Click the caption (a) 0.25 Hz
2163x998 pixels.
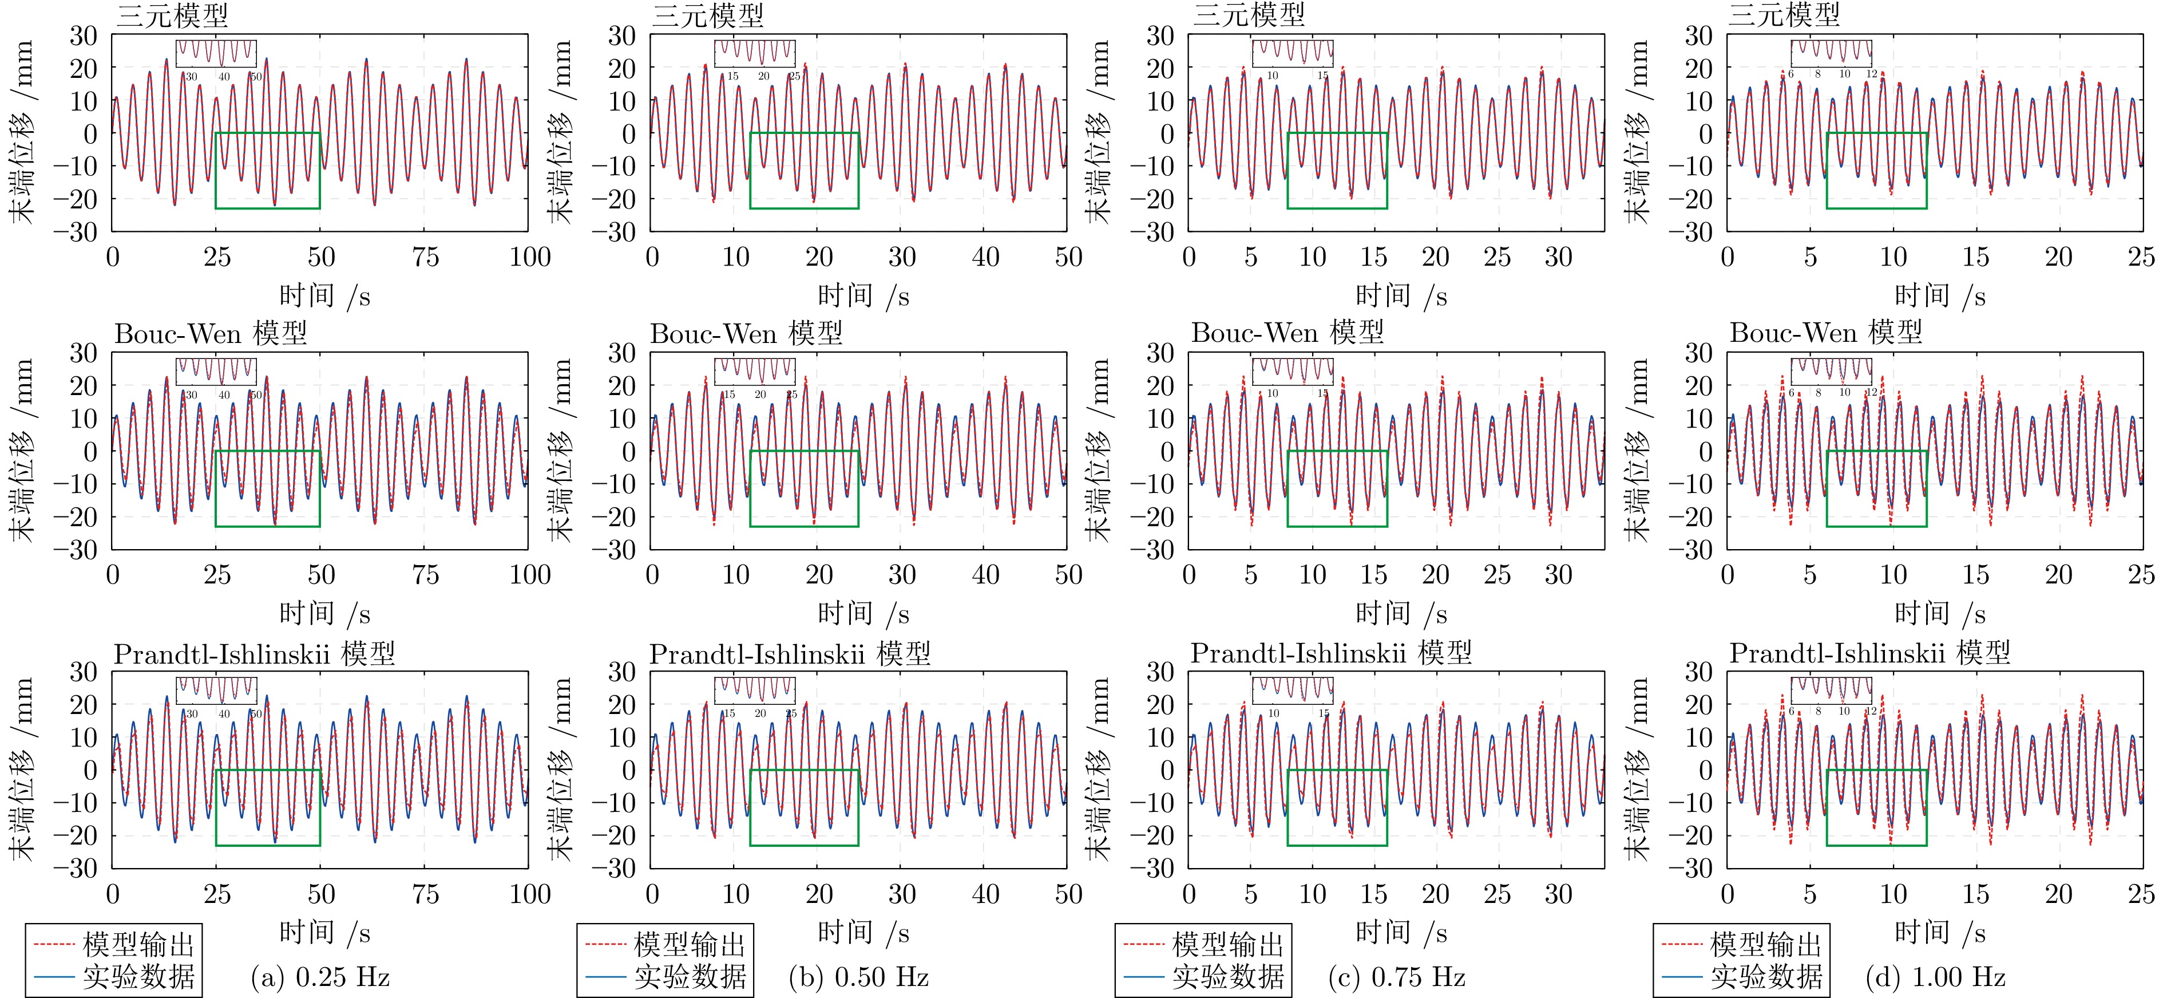[x=320, y=977]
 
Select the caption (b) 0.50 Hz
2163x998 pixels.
[x=858, y=977]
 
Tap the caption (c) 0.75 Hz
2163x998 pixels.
[x=1396, y=977]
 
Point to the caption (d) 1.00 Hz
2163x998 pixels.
[x=1935, y=977]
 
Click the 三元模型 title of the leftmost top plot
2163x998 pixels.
[x=172, y=15]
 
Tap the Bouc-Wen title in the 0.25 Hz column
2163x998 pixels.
[x=210, y=333]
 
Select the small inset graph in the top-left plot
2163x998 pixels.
[x=216, y=54]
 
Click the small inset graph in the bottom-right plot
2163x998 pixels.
[x=1831, y=691]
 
